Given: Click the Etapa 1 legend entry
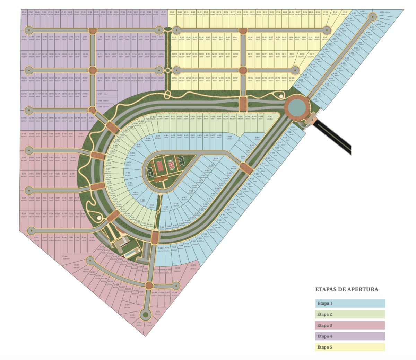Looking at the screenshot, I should click(x=350, y=304).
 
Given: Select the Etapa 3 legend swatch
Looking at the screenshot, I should click(x=350, y=325).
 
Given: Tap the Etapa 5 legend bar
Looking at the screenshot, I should click(x=350, y=347).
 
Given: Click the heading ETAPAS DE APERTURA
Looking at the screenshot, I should click(x=346, y=289).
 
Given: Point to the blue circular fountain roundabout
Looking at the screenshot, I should click(x=297, y=108).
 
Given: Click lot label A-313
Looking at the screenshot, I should click(x=315, y=99).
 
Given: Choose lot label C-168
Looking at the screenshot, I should click(x=100, y=100).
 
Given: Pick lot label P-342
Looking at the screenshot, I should click(x=160, y=248).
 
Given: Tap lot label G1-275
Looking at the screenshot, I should click(x=193, y=265).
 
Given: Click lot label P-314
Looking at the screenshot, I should click(x=293, y=127).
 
